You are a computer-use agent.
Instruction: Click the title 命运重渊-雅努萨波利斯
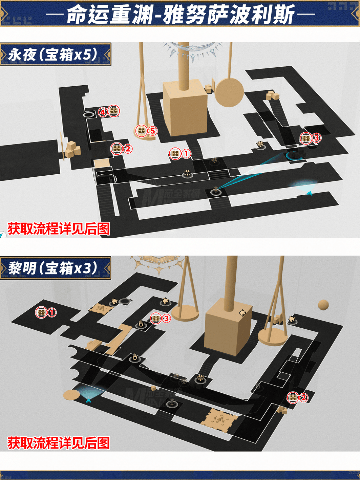[180, 14]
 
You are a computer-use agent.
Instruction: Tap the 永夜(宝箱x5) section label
[54, 54]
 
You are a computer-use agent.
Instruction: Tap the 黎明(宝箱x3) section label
[54, 268]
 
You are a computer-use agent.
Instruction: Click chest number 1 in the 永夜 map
[175, 154]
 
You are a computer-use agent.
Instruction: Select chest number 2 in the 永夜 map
[117, 149]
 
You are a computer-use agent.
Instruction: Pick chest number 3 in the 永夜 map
[306, 138]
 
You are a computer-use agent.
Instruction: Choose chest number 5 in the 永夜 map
[141, 131]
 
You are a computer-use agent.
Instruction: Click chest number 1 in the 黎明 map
[41, 312]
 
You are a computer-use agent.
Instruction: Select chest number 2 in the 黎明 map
[293, 397]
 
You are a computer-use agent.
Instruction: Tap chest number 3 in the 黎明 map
[156, 318]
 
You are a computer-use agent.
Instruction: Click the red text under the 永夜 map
[59, 229]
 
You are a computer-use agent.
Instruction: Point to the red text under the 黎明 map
[59, 443]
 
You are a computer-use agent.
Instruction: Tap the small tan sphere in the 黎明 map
[323, 305]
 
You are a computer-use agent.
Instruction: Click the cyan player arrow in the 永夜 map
[309, 193]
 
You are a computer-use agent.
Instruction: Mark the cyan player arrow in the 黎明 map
[89, 400]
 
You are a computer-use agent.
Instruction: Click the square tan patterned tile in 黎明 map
[220, 420]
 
